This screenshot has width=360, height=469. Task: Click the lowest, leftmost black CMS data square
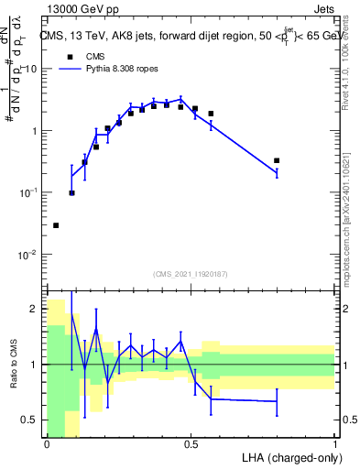[56, 225]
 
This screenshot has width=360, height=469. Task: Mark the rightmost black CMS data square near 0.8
[277, 160]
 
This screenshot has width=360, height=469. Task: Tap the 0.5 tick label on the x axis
[191, 443]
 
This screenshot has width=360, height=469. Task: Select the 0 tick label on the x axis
[47, 443]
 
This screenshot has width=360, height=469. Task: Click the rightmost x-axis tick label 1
[334, 443]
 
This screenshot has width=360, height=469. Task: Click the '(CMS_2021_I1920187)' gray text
[191, 274]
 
